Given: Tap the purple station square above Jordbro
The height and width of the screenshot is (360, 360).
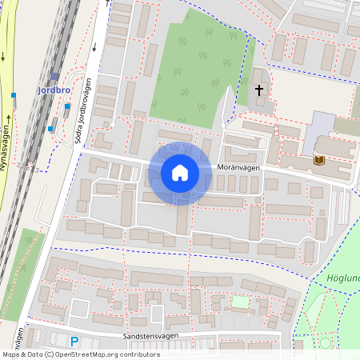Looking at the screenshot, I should click(x=54, y=78).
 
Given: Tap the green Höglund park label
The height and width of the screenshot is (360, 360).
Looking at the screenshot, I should click(x=343, y=278).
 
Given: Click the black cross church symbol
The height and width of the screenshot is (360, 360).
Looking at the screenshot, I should click(x=259, y=91).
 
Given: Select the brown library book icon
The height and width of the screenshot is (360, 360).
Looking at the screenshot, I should click(x=318, y=161).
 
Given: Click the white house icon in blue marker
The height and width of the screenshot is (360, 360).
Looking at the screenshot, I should click(x=180, y=173).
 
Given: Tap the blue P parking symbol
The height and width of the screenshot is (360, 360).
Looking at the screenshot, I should click(x=74, y=341).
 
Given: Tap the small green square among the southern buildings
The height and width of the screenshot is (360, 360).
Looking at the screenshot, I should click(x=240, y=302).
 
